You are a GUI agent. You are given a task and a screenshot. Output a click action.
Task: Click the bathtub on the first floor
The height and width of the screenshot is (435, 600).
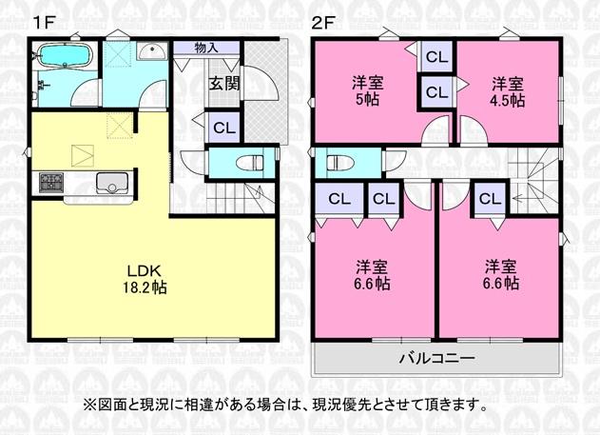(65, 56)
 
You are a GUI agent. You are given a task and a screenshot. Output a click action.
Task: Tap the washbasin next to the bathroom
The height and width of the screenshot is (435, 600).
(152, 51)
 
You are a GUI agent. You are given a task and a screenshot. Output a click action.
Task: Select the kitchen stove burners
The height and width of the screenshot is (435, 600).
(51, 182)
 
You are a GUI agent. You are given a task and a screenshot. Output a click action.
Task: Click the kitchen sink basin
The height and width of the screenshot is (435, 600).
(112, 183)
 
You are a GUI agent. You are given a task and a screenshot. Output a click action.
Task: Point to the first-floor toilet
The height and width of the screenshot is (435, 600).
(250, 163)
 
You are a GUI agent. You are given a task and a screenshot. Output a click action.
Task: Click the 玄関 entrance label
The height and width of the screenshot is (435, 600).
(224, 84)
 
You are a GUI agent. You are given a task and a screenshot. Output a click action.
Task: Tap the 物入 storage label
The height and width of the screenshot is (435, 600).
(206, 48)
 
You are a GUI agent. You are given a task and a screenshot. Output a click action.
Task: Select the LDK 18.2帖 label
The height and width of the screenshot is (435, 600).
(145, 279)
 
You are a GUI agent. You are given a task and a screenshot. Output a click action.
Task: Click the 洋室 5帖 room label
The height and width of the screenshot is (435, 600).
(367, 91)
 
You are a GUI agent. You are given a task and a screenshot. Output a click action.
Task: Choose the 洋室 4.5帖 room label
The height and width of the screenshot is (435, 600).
(508, 92)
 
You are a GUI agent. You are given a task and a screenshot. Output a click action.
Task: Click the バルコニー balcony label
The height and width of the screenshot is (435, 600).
(437, 359)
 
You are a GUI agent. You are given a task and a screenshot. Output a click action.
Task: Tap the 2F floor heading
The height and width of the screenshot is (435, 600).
(323, 23)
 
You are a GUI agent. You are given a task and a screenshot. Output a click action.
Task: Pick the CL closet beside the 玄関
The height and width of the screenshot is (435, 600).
(223, 128)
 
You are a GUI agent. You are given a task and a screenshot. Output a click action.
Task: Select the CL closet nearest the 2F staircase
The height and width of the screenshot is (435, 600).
(491, 199)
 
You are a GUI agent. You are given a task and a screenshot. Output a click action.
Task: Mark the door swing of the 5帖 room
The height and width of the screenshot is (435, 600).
(435, 130)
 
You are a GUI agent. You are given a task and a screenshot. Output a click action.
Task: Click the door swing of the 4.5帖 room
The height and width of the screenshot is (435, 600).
(474, 130)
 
